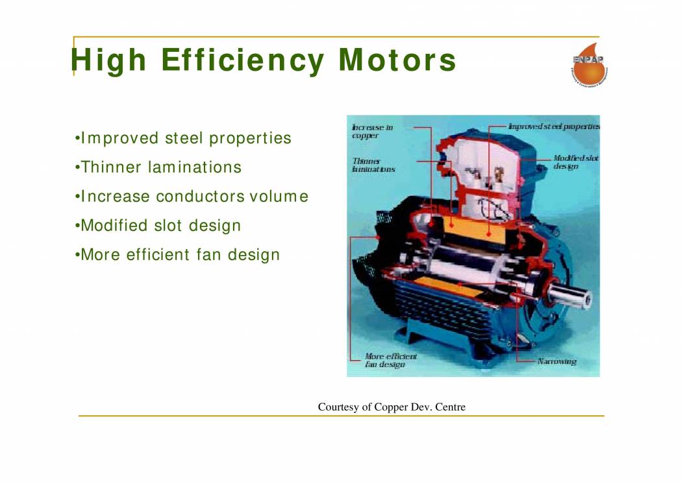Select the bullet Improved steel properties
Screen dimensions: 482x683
(184, 138)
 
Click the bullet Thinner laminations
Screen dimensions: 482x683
(159, 167)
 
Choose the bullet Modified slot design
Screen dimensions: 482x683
(158, 226)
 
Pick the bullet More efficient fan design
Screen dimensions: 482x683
(178, 255)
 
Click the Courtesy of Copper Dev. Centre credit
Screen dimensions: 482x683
(391, 407)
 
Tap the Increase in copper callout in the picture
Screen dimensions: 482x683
(372, 132)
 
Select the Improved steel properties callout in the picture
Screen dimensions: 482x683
(553, 127)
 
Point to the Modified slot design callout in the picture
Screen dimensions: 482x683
(575, 162)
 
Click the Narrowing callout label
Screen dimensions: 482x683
(556, 361)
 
